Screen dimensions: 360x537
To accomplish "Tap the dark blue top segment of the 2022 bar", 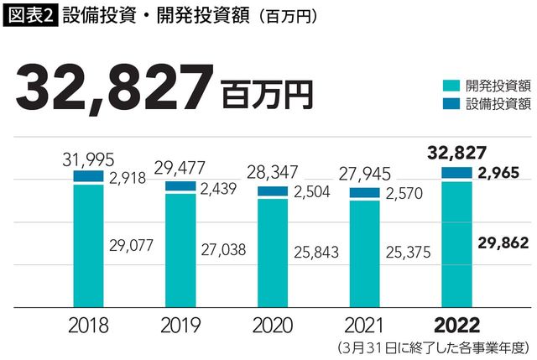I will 456,173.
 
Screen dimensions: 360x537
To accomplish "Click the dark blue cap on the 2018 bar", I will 88,176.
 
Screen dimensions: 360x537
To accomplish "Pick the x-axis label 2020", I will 272,325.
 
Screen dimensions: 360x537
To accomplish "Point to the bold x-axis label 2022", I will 456,325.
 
